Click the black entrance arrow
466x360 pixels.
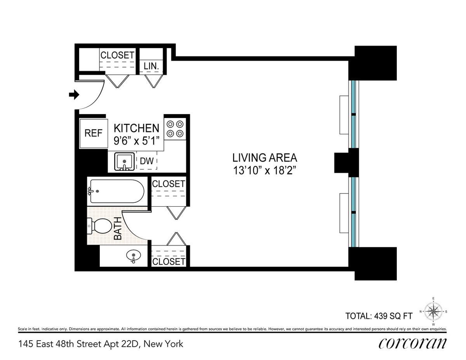point(74,94)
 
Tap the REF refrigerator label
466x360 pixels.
point(93,133)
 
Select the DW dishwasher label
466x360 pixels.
point(147,161)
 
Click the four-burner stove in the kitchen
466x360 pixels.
point(175,129)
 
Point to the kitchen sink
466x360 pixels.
point(124,162)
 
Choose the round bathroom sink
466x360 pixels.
point(134,256)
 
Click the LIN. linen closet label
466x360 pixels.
point(151,66)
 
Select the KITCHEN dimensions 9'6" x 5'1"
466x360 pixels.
point(137,141)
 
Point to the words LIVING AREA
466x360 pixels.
point(265,158)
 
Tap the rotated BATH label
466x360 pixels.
point(118,228)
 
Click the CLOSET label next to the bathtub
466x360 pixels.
point(169,184)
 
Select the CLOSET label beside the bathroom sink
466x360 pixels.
point(169,262)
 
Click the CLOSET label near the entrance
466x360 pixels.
point(117,55)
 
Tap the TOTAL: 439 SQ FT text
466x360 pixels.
point(379,316)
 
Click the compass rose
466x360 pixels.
point(433,311)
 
